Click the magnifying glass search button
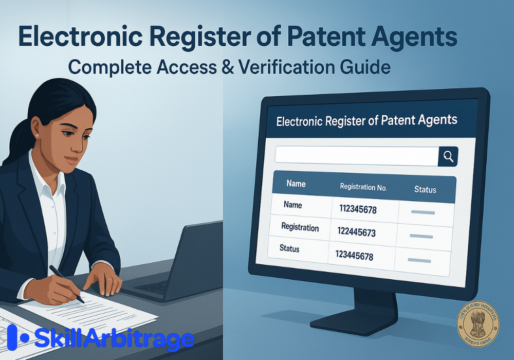pyautogui.click(x=448, y=156)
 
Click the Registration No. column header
pyautogui.click(x=363, y=187)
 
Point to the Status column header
pyautogui.click(x=425, y=190)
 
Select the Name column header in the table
pyautogui.click(x=296, y=184)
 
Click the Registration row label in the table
pyautogui.click(x=300, y=227)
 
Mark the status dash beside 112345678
pyautogui.click(x=423, y=212)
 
